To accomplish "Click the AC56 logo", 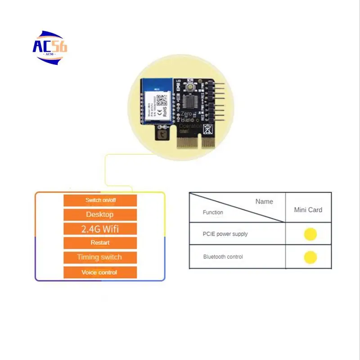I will (50, 46).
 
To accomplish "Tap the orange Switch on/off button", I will (100, 200).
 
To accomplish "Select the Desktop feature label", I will (100, 215).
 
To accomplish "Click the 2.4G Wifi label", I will (100, 229).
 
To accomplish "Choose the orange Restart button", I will (100, 243).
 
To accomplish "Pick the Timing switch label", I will (100, 257).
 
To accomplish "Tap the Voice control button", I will (100, 272).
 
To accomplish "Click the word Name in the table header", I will (264, 202).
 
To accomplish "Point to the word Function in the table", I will (213, 212).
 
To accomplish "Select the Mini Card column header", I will (308, 210).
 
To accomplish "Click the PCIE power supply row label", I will (225, 234).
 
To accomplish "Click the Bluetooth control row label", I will (223, 257).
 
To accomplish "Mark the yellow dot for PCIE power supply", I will (310, 234).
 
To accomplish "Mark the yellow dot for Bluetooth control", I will (310, 257).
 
